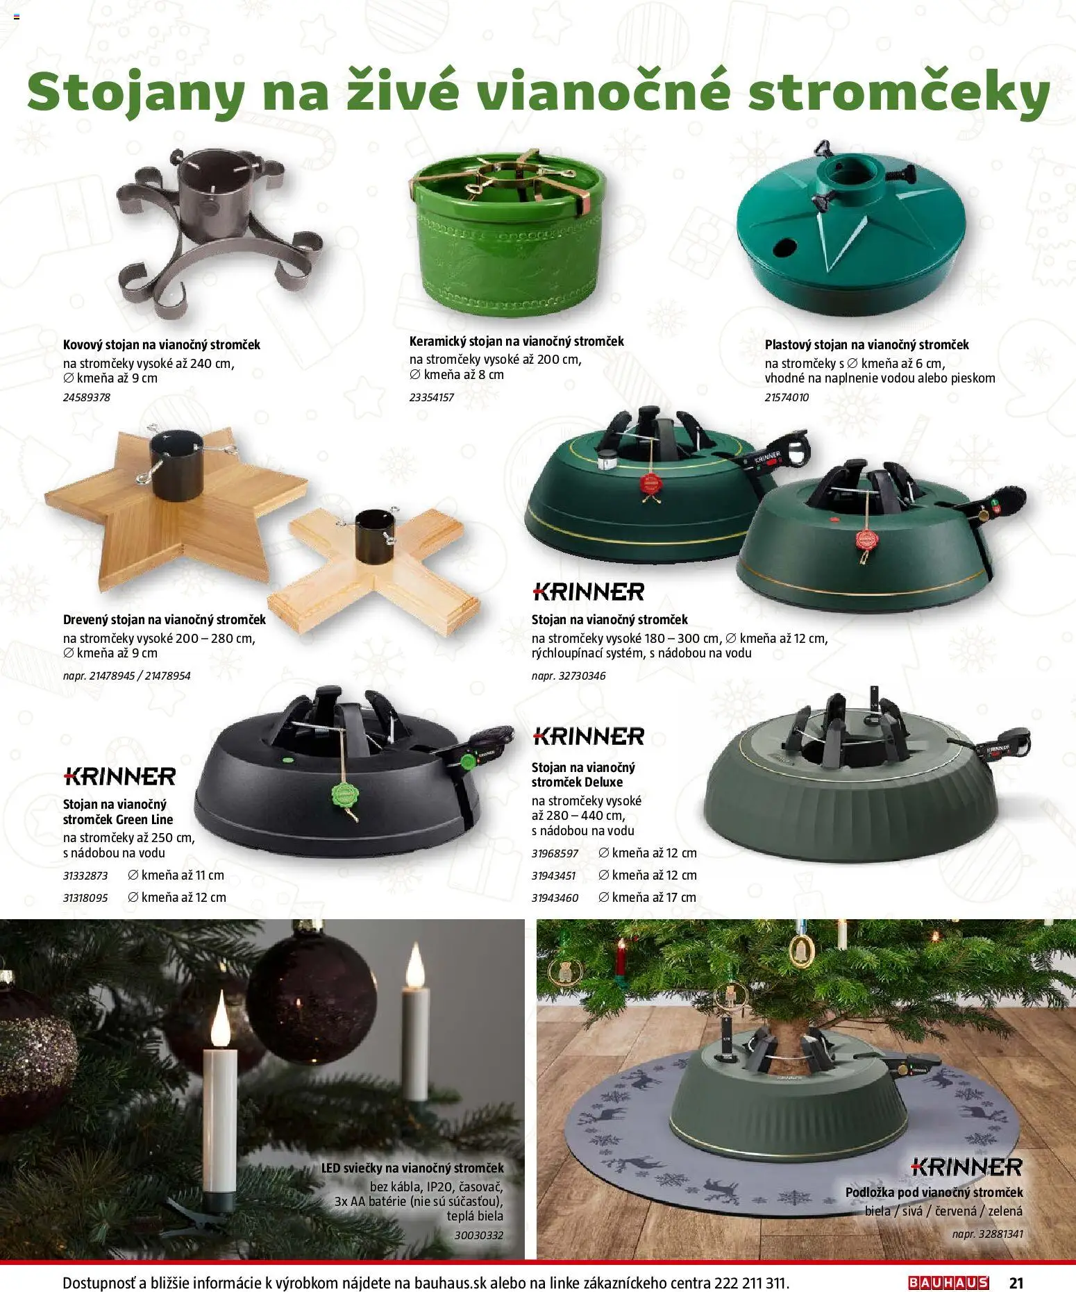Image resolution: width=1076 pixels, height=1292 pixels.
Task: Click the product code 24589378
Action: pos(87,398)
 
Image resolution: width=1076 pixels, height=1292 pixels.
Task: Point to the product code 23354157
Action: pos(432,398)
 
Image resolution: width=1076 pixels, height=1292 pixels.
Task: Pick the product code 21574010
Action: pos(787,398)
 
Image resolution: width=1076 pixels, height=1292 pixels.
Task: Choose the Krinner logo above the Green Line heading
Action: pos(119,775)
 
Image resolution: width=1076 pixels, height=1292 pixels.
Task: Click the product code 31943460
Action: pos(555,898)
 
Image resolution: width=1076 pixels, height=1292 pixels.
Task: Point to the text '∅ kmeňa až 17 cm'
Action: pos(647,898)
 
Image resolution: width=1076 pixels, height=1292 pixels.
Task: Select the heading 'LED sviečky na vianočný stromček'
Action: pos(412,1168)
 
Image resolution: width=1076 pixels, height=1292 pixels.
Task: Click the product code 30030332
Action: pos(479,1235)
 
